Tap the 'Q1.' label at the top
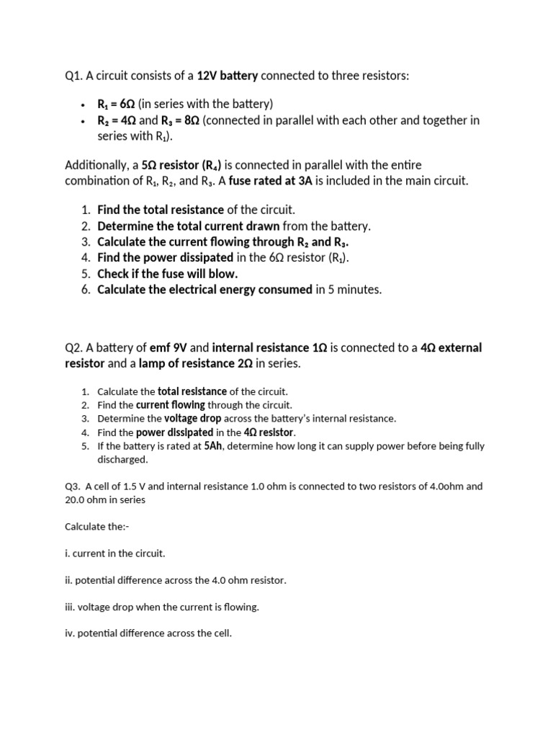[74, 76]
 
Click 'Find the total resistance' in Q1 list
[161, 210]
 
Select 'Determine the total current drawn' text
[188, 226]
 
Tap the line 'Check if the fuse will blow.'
[167, 274]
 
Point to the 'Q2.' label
[74, 348]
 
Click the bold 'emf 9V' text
[168, 348]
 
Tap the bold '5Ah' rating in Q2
[214, 446]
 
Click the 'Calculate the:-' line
[96, 527]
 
